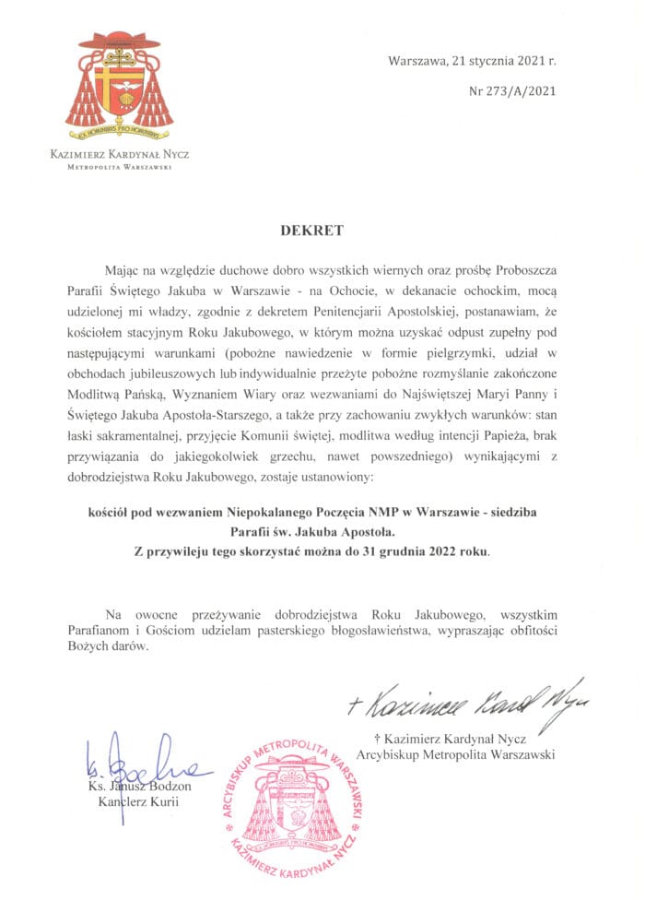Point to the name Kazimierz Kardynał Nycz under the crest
119,155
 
